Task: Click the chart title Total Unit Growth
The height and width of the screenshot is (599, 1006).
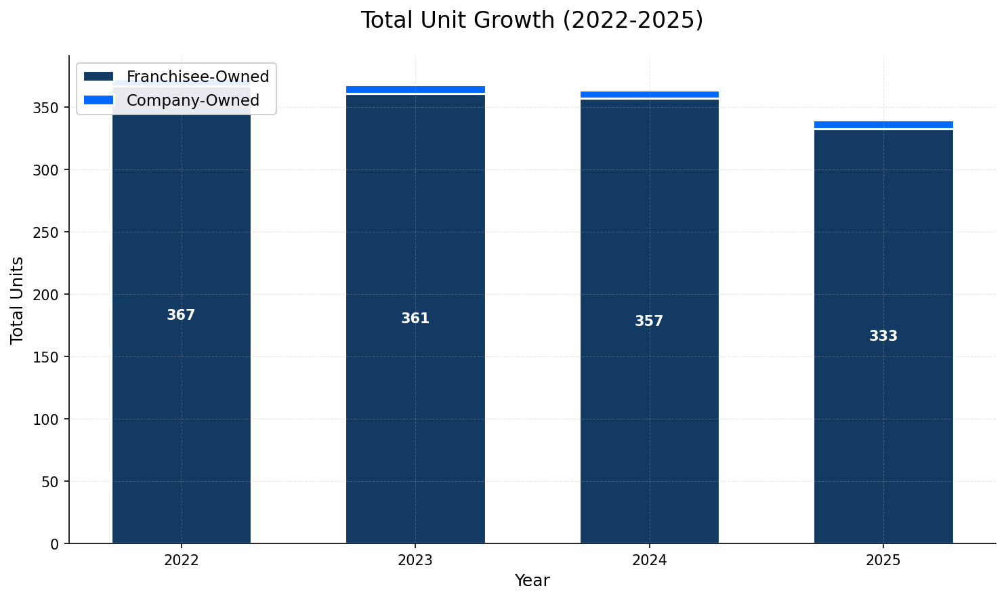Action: pos(532,20)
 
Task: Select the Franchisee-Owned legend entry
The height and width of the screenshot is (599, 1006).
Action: pos(197,77)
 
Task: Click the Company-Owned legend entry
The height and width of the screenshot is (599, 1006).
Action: pos(192,100)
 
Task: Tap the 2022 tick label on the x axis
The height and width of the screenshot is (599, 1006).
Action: pos(181,560)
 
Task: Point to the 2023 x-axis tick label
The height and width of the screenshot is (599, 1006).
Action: pos(415,560)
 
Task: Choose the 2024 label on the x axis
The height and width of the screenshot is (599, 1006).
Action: pos(649,560)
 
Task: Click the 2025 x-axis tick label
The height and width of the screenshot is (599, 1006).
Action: pos(883,560)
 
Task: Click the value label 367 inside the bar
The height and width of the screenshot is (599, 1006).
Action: pos(181,315)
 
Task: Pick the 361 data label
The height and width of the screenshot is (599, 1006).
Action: pos(415,318)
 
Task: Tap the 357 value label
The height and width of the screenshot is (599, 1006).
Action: pos(649,321)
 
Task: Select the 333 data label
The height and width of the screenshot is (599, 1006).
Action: pos(883,336)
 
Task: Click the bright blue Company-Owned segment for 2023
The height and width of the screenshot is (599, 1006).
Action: pos(415,89)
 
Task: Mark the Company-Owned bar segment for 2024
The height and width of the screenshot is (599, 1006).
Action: pos(649,94)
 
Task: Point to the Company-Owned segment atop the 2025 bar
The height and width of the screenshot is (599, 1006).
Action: pos(883,125)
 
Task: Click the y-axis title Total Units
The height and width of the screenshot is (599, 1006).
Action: pos(18,299)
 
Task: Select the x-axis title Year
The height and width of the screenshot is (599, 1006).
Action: pos(532,581)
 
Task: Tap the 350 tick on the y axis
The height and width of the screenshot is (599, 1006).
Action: pos(49,108)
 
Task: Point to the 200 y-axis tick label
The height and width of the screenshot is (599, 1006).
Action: pos(49,295)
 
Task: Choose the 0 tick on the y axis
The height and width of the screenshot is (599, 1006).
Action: pos(55,544)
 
